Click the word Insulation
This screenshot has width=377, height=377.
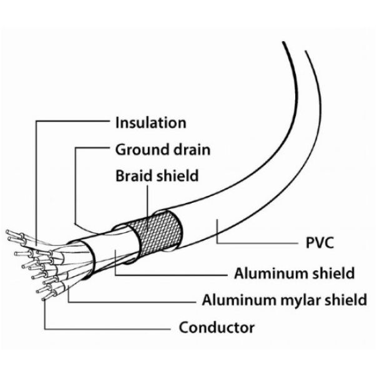[x=150, y=122]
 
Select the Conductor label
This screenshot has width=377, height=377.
[x=217, y=327]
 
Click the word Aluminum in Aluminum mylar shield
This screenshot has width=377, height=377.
[x=233, y=300]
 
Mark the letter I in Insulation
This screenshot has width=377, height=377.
[x=118, y=122]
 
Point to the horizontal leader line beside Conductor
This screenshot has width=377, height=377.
[x=106, y=328]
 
